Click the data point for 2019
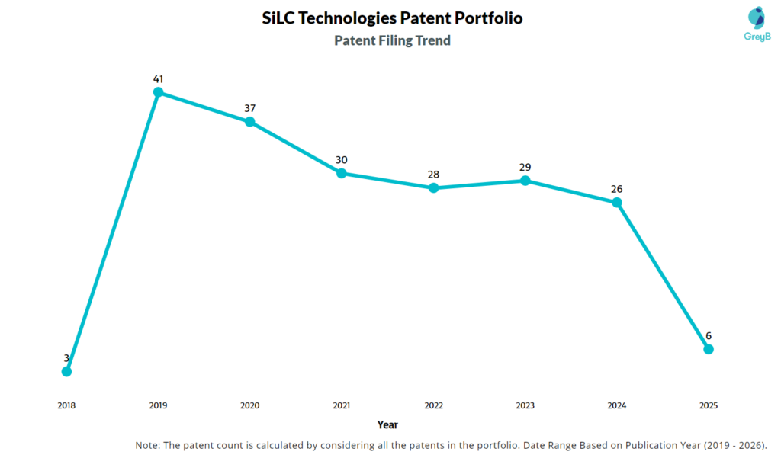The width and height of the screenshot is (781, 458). pyautogui.click(x=158, y=92)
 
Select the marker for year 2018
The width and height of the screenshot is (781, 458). pyautogui.click(x=66, y=371)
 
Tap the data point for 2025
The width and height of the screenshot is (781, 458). pyautogui.click(x=709, y=349)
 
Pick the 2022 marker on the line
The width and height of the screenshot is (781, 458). pyautogui.click(x=433, y=187)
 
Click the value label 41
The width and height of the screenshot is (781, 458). pyautogui.click(x=158, y=78)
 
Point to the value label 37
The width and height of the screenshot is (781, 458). pyautogui.click(x=249, y=108)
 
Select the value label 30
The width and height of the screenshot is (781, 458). pyautogui.click(x=342, y=160)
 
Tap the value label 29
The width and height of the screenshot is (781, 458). pyautogui.click(x=525, y=167)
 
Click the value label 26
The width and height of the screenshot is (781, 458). pyautogui.click(x=617, y=189)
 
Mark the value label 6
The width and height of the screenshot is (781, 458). pyautogui.click(x=709, y=335)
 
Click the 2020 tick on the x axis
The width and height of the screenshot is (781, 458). pyautogui.click(x=249, y=405)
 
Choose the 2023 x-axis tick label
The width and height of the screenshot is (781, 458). pyautogui.click(x=525, y=405)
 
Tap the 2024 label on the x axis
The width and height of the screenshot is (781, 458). pyautogui.click(x=617, y=405)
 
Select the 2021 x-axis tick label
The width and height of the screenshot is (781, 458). pyautogui.click(x=342, y=405)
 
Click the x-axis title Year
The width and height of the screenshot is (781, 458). pyautogui.click(x=387, y=424)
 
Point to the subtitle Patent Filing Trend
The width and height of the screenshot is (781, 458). pyautogui.click(x=392, y=40)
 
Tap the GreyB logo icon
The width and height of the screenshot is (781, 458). pyautogui.click(x=756, y=18)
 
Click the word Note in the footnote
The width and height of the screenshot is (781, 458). pyautogui.click(x=148, y=445)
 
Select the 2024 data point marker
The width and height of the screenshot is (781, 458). pyautogui.click(x=617, y=203)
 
